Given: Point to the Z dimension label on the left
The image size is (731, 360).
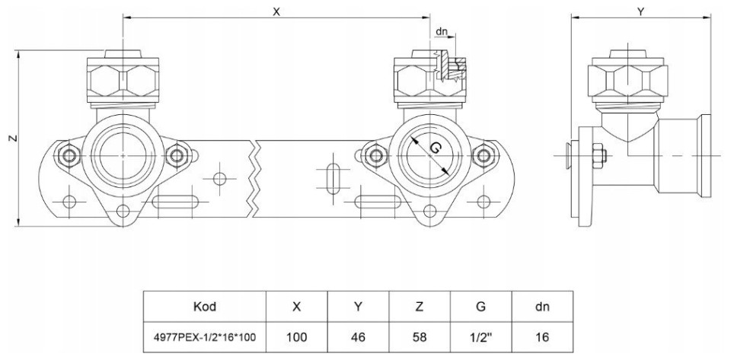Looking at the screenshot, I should (x=10, y=138).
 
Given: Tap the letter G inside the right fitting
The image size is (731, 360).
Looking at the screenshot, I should (x=435, y=148).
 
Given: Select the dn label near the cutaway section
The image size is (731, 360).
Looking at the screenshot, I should (x=441, y=32).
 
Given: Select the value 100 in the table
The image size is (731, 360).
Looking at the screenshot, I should (x=296, y=336).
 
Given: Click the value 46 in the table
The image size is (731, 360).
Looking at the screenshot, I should (x=358, y=336).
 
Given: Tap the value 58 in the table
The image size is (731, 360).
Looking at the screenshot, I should (x=420, y=336).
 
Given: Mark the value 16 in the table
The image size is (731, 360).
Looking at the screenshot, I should (x=542, y=336).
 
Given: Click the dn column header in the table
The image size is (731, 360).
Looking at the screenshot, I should (x=542, y=307).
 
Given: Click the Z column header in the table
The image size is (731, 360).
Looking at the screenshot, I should (x=420, y=307).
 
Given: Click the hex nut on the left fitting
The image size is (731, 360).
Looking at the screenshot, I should (x=123, y=78).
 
